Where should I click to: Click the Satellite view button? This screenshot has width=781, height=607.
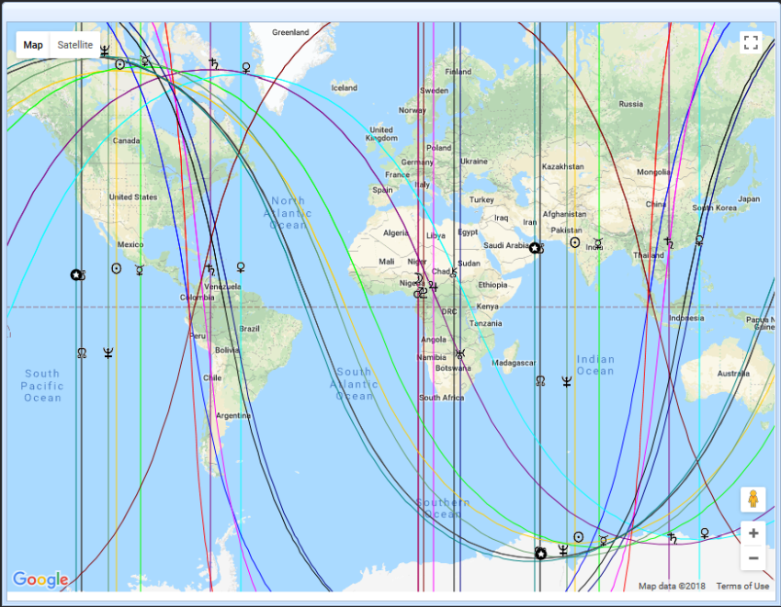tap(74, 45)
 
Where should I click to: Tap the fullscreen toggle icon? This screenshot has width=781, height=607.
tap(751, 43)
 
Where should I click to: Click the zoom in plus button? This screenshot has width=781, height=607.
tap(753, 534)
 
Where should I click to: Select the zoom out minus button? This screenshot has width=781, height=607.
tap(753, 557)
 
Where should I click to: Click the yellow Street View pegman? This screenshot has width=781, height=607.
tap(753, 500)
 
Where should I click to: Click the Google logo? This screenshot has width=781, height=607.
tap(40, 579)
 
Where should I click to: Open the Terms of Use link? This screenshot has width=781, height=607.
tap(742, 586)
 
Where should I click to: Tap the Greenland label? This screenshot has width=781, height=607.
tap(290, 33)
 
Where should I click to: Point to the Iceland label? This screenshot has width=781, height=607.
tap(344, 88)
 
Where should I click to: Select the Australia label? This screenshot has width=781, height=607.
tap(732, 374)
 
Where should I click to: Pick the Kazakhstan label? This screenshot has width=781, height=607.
tap(563, 166)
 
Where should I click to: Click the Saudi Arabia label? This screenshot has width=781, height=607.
tap(505, 245)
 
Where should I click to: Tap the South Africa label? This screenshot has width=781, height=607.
tap(442, 398)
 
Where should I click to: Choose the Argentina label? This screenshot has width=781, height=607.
tap(233, 416)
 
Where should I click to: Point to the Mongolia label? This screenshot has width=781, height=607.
tap(653, 172)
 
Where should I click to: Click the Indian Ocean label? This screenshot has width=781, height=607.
tap(595, 365)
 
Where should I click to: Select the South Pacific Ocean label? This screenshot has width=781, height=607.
tap(42, 386)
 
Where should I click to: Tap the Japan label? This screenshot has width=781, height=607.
tap(749, 198)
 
